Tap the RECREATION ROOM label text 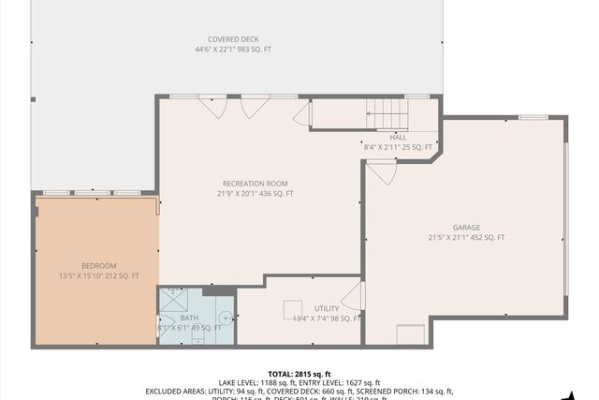(x=255, y=184)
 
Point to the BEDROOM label (x=98, y=265)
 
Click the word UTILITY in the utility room (x=327, y=308)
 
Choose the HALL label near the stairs (x=399, y=137)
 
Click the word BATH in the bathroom (x=189, y=318)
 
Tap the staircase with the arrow (x=385, y=115)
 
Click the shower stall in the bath (x=173, y=301)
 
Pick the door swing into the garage (x=381, y=171)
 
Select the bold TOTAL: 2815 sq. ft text (x=299, y=373)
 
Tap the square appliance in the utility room (x=293, y=308)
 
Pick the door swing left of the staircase (x=302, y=114)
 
